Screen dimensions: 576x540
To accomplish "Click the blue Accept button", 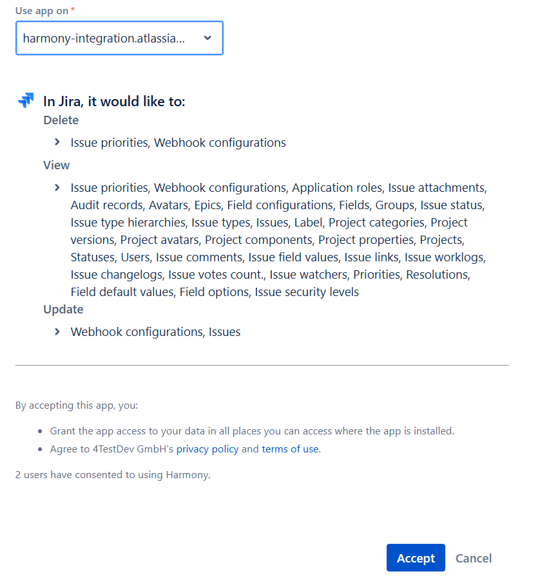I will click(x=416, y=558).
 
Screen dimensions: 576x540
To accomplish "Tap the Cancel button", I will click(x=474, y=558).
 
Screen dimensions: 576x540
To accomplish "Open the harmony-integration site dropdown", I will click(x=119, y=38).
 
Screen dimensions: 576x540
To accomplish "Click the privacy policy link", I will click(x=207, y=449).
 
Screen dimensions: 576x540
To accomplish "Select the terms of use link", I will click(x=290, y=449).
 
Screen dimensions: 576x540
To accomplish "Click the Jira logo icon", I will click(x=26, y=101).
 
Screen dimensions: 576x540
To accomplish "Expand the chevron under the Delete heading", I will click(x=57, y=142).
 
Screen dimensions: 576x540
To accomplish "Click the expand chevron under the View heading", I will click(x=57, y=188).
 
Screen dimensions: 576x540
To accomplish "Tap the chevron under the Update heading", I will click(x=57, y=332).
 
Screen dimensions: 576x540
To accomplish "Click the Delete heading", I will click(x=61, y=120).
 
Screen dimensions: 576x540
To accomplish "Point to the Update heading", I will click(x=63, y=310).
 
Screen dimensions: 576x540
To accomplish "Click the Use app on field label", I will click(x=41, y=11).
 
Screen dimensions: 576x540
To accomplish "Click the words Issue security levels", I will click(x=307, y=292).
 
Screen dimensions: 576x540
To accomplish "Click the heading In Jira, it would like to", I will click(x=114, y=102).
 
